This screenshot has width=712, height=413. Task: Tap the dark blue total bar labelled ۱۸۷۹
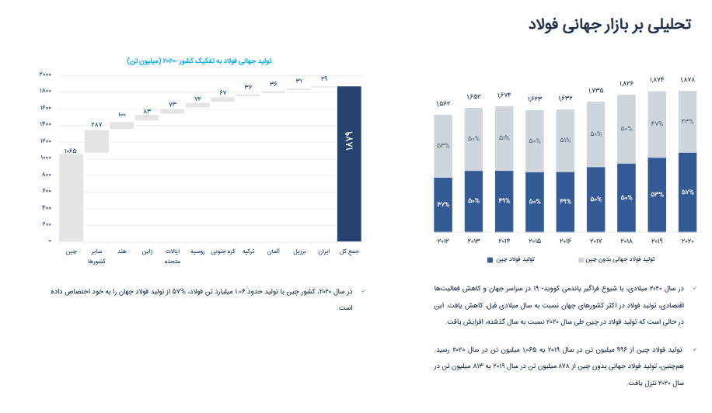[349, 163]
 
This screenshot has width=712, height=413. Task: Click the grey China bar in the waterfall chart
[71, 197]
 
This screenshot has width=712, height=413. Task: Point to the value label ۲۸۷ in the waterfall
[96, 124]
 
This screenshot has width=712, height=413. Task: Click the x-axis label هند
[122, 252]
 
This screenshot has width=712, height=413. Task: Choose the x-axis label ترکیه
[248, 252]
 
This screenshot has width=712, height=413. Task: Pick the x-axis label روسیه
[197, 252]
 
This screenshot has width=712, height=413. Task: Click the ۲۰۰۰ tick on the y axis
[44, 75]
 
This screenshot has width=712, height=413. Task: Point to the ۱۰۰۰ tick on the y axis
[44, 158]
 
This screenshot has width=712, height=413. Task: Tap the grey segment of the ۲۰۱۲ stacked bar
[443, 146]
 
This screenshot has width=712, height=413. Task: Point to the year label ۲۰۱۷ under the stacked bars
[595, 242]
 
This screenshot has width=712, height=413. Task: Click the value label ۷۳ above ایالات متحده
[173, 104]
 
